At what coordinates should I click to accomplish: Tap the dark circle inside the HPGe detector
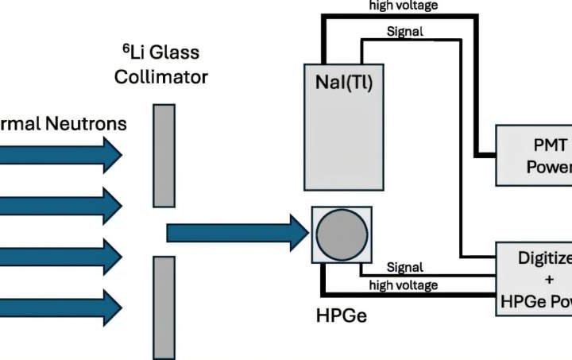click(342, 234)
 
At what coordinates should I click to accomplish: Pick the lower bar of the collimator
click(164, 307)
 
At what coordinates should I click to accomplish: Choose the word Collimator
click(161, 77)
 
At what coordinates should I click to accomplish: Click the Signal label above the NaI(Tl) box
click(405, 32)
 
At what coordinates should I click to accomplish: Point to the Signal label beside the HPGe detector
click(404, 267)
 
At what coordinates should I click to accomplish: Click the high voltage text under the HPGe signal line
click(404, 285)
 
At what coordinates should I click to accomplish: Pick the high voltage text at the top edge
click(404, 6)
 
